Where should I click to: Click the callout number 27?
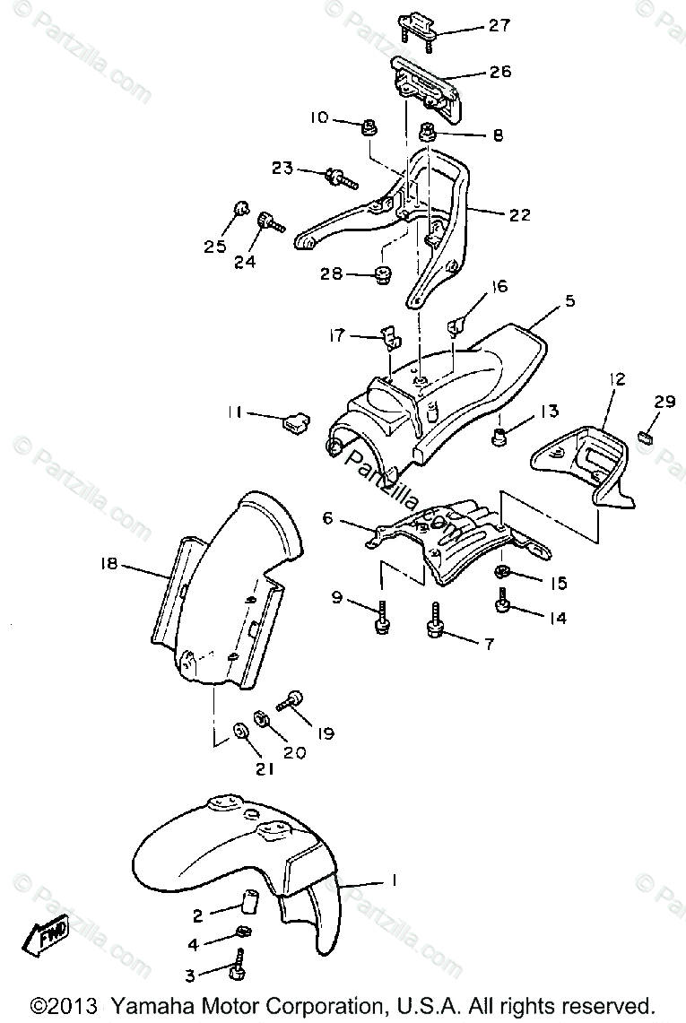499,26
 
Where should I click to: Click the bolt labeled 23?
343,177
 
